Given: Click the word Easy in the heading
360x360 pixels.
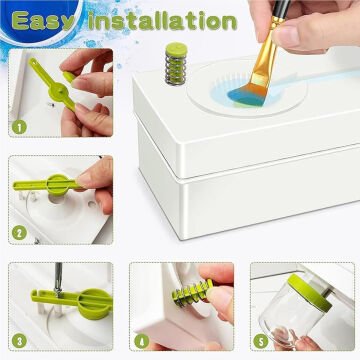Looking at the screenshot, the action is coord(42,21).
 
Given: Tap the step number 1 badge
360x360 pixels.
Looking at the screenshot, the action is coord(19,127).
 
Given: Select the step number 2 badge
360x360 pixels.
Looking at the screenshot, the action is coord(19,232).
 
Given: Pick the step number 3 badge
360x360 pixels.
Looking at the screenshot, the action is coord(19,340).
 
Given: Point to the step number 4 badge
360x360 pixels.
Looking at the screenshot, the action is coord(141,341).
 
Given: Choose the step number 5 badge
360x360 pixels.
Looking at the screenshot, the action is coord(261,341).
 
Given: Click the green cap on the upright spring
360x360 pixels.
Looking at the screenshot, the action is coord(176,49).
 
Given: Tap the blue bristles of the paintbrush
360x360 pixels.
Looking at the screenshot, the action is coord(246,94).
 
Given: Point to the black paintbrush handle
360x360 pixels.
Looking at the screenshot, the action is coord(282,9).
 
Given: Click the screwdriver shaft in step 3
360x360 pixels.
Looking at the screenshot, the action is coord(59,279).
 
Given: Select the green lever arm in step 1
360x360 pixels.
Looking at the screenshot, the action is coord(53,84).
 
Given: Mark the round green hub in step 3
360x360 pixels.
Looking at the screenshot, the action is coord(95,304).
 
